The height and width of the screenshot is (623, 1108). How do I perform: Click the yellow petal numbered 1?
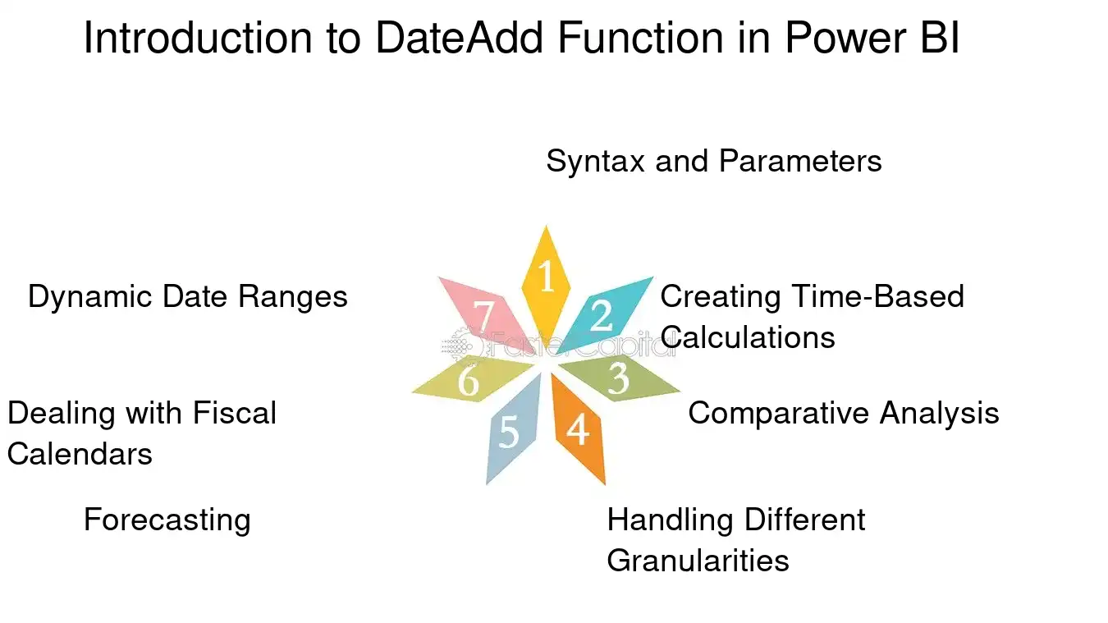(546, 283)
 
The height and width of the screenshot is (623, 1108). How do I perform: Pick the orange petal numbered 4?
(579, 428)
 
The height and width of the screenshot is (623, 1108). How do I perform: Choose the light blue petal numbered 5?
(512, 429)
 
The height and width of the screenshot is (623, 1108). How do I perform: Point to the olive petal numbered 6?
(472, 378)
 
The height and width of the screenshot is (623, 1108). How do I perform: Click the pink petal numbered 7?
(487, 315)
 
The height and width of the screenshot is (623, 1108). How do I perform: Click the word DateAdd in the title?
(460, 38)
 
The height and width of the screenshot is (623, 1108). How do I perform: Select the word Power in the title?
(846, 38)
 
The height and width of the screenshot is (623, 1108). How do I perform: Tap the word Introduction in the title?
(198, 38)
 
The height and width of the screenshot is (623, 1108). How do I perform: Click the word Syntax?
(596, 162)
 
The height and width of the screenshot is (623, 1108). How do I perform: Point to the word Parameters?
(800, 161)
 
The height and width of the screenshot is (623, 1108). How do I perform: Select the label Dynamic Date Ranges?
(188, 297)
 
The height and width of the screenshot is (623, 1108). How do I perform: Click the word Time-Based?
(878, 296)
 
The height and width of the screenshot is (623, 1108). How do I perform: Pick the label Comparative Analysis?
(844, 413)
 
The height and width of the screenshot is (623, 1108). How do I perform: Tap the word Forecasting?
(167, 520)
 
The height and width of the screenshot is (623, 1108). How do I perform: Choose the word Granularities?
(698, 561)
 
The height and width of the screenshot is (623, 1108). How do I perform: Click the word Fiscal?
(235, 413)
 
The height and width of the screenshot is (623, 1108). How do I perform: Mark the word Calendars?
(80, 454)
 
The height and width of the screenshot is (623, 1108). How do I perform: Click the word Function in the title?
(640, 38)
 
